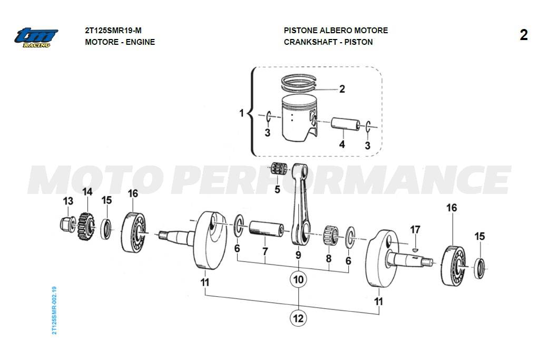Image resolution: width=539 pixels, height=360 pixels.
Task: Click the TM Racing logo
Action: (36, 37)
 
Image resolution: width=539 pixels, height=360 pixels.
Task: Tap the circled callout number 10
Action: (298, 279)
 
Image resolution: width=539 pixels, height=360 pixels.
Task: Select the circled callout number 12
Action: (298, 318)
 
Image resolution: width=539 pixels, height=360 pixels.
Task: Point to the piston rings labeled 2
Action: (298, 83)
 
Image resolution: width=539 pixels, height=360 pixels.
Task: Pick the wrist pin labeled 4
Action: (346, 124)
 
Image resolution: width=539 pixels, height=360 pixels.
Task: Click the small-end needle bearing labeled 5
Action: (279, 168)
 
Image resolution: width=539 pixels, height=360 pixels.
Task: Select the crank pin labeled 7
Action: (267, 228)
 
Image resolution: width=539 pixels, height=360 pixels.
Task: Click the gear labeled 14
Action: (86, 226)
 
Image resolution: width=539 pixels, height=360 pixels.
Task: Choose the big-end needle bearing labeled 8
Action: (331, 235)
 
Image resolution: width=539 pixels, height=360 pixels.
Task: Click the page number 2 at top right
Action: (523, 35)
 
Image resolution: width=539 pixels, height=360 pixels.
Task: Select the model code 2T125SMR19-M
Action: (113, 30)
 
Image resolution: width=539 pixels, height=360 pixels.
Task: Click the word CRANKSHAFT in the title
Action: (310, 42)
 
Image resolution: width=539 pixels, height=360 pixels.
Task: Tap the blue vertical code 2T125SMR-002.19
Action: (54, 310)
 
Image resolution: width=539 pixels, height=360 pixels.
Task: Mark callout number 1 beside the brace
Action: (241, 113)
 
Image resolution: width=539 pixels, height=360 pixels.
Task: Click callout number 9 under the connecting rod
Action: (298, 255)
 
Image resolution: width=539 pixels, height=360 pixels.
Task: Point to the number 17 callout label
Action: (415, 230)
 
